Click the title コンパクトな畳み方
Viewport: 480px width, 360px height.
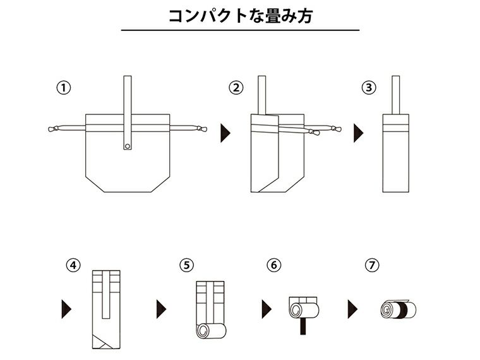(240, 15)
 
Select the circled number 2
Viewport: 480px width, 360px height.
(236, 88)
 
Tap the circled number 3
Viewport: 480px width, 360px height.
(369, 88)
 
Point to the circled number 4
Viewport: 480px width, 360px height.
(73, 265)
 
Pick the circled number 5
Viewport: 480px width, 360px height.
(186, 265)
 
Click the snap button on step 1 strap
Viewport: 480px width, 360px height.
(128, 147)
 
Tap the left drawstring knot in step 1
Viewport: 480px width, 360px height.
(54, 129)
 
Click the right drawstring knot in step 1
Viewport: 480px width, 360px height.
(200, 129)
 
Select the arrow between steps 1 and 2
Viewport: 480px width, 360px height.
(225, 133)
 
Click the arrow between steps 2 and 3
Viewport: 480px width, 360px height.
(358, 133)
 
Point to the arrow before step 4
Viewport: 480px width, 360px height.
(65, 309)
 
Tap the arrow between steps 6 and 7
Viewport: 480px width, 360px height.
(352, 309)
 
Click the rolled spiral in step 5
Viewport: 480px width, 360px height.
(204, 332)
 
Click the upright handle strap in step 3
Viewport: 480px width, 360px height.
(397, 95)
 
